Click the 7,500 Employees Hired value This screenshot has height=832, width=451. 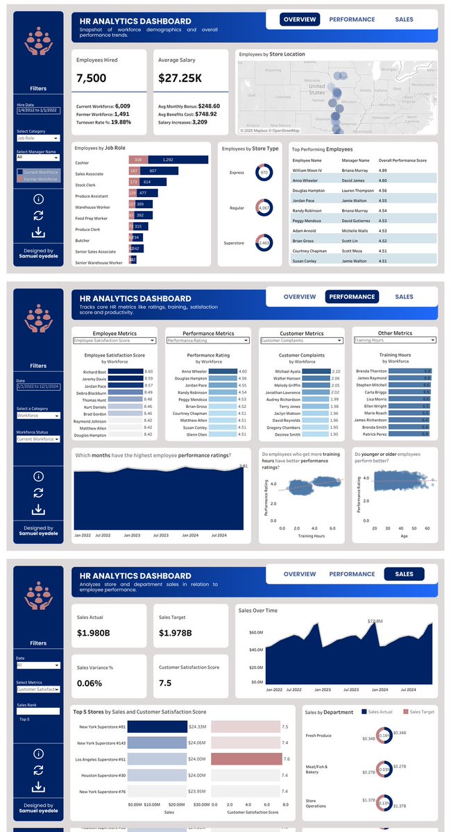(92, 78)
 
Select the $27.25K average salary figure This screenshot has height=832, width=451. (180, 78)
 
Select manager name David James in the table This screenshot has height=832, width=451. (355, 180)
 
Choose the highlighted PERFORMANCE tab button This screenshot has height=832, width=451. (352, 296)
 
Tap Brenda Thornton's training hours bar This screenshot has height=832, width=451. (409, 371)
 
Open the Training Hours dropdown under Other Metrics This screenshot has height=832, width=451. (394, 341)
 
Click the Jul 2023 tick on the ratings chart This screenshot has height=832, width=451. (161, 536)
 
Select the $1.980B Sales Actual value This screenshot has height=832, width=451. (96, 632)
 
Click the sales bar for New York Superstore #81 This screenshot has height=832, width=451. (157, 727)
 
